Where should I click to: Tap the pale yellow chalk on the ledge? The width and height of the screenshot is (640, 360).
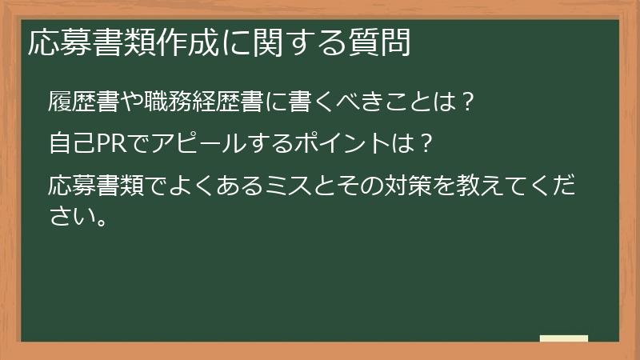563,338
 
